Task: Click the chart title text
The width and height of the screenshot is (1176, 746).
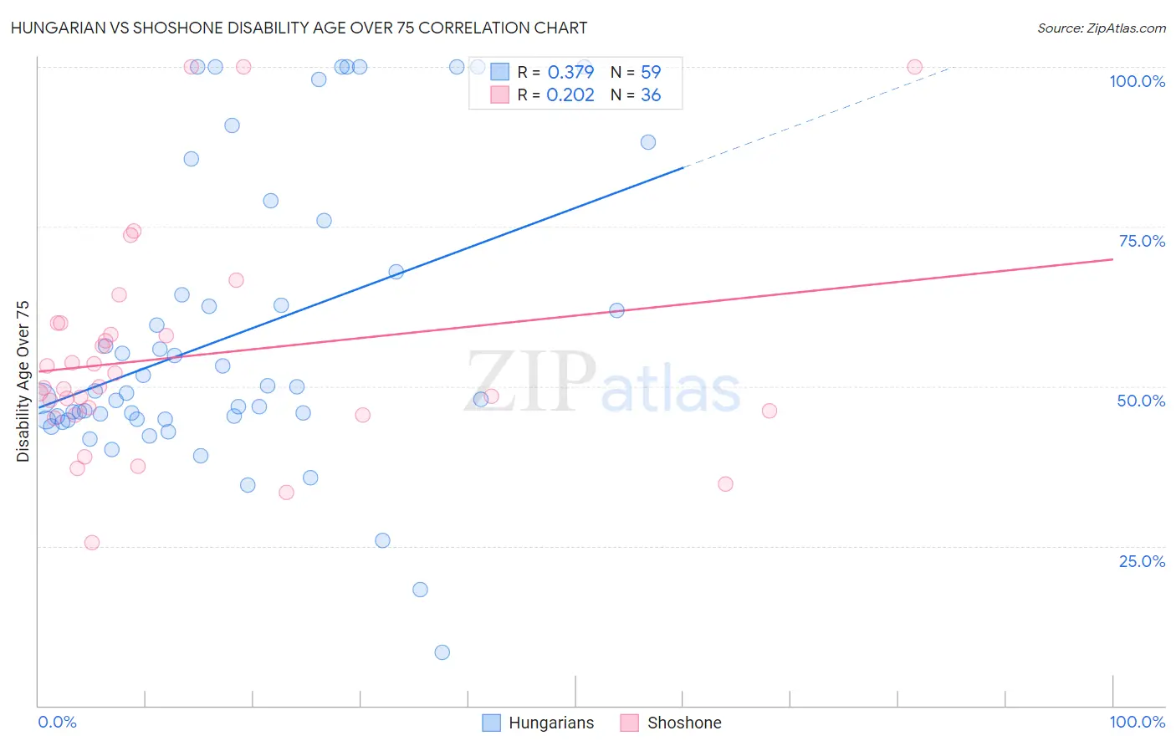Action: (299, 28)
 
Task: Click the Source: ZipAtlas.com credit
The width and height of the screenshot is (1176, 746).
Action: (1101, 28)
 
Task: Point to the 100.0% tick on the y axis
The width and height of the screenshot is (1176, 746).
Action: (1137, 81)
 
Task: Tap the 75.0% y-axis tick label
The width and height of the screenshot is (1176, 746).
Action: (1142, 241)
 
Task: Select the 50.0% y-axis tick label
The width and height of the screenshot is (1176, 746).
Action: (1141, 401)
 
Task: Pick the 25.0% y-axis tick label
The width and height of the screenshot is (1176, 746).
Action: (1142, 561)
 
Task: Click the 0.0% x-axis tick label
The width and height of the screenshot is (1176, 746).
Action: (57, 722)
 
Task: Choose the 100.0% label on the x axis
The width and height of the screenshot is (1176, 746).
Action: (1137, 722)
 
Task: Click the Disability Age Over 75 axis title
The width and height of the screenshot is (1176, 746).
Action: (23, 381)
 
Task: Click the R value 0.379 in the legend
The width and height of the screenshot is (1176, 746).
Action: (570, 72)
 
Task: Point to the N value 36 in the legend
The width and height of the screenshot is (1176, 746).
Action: (651, 95)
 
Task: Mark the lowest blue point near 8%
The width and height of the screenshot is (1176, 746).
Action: (442, 652)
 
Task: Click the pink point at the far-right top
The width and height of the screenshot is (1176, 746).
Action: (914, 67)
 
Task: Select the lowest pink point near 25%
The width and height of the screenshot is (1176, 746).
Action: (92, 543)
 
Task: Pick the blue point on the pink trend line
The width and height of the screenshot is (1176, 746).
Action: (616, 310)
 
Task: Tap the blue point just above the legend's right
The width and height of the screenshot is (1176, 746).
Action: (647, 142)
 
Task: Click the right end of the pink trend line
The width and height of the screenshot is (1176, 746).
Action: (1112, 259)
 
